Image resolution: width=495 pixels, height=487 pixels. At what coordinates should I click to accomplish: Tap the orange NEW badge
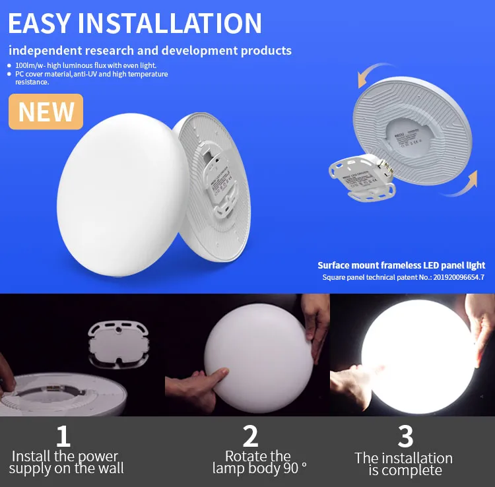pos(46,112)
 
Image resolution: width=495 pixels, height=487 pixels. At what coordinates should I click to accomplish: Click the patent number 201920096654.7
pos(448,278)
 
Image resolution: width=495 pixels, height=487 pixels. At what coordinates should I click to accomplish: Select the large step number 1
pos(63,436)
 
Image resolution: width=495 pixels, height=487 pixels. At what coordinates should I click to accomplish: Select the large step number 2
pos(250,436)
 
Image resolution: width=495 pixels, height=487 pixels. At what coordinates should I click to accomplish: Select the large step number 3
pos(405,436)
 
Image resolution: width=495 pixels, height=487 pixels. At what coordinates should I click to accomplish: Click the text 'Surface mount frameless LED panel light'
pos(401,265)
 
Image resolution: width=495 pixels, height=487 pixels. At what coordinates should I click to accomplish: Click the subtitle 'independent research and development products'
pos(150,51)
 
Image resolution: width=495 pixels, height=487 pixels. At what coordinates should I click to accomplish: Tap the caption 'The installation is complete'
pos(403,464)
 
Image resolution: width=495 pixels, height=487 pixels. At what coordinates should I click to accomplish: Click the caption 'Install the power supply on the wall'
pos(66,462)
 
